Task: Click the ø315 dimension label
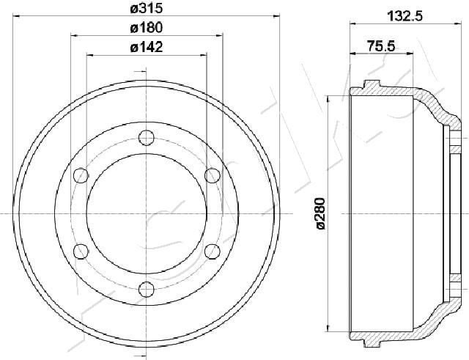(147, 8)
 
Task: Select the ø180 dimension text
(147, 28)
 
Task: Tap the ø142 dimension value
(147, 47)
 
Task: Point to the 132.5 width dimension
(405, 15)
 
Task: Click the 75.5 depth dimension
(381, 46)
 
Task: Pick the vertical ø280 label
(321, 213)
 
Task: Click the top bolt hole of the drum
(147, 138)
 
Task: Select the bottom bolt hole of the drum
(147, 290)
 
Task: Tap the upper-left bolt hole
(81, 175)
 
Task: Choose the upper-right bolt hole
(213, 175)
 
